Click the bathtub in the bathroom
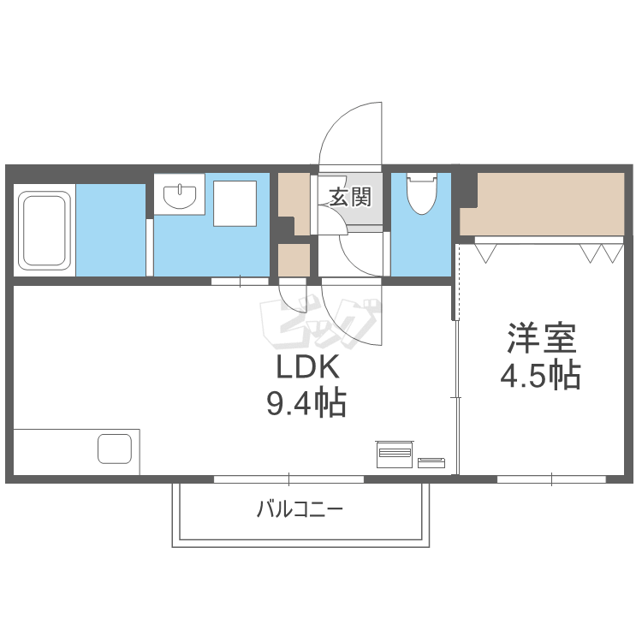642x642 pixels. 45,229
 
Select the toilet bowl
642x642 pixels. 420,194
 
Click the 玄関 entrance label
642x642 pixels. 350,198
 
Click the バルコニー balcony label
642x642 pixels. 300,511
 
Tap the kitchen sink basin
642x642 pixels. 114,449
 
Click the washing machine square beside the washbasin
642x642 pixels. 235,203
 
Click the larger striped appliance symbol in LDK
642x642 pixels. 395,454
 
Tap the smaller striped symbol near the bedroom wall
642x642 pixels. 431,462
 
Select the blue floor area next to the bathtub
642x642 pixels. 110,229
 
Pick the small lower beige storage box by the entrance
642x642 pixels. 294,260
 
